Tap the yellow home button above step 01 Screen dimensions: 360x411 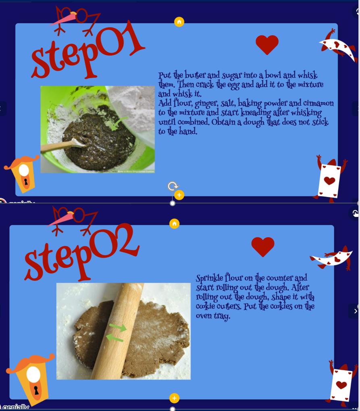[179, 22]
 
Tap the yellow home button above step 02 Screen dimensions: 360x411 [175, 223]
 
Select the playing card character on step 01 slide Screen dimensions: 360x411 [330, 179]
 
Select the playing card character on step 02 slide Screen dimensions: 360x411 [341, 383]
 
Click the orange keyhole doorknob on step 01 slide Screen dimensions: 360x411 [23, 173]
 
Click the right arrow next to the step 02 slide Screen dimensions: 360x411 [355, 311]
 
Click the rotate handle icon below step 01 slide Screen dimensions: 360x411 [173, 186]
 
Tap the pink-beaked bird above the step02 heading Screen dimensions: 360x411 [72, 220]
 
